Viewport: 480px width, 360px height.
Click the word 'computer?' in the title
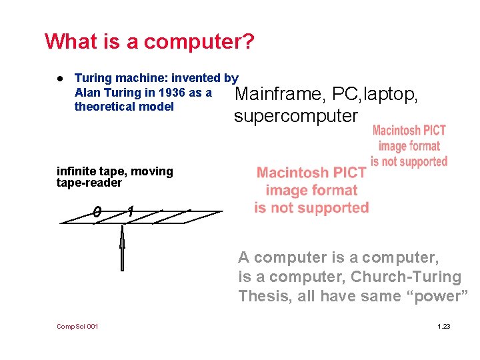click(199, 42)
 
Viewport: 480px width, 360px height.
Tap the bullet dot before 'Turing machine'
click(59, 79)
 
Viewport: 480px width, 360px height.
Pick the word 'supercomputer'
click(295, 116)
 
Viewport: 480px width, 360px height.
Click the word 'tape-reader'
click(89, 183)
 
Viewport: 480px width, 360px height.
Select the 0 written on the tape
click(97, 212)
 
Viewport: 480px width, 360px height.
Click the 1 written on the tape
click(130, 211)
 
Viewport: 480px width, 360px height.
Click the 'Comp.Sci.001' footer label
click(77, 326)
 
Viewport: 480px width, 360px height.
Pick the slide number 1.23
click(443, 326)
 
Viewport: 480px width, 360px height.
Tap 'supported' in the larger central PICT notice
click(330, 207)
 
